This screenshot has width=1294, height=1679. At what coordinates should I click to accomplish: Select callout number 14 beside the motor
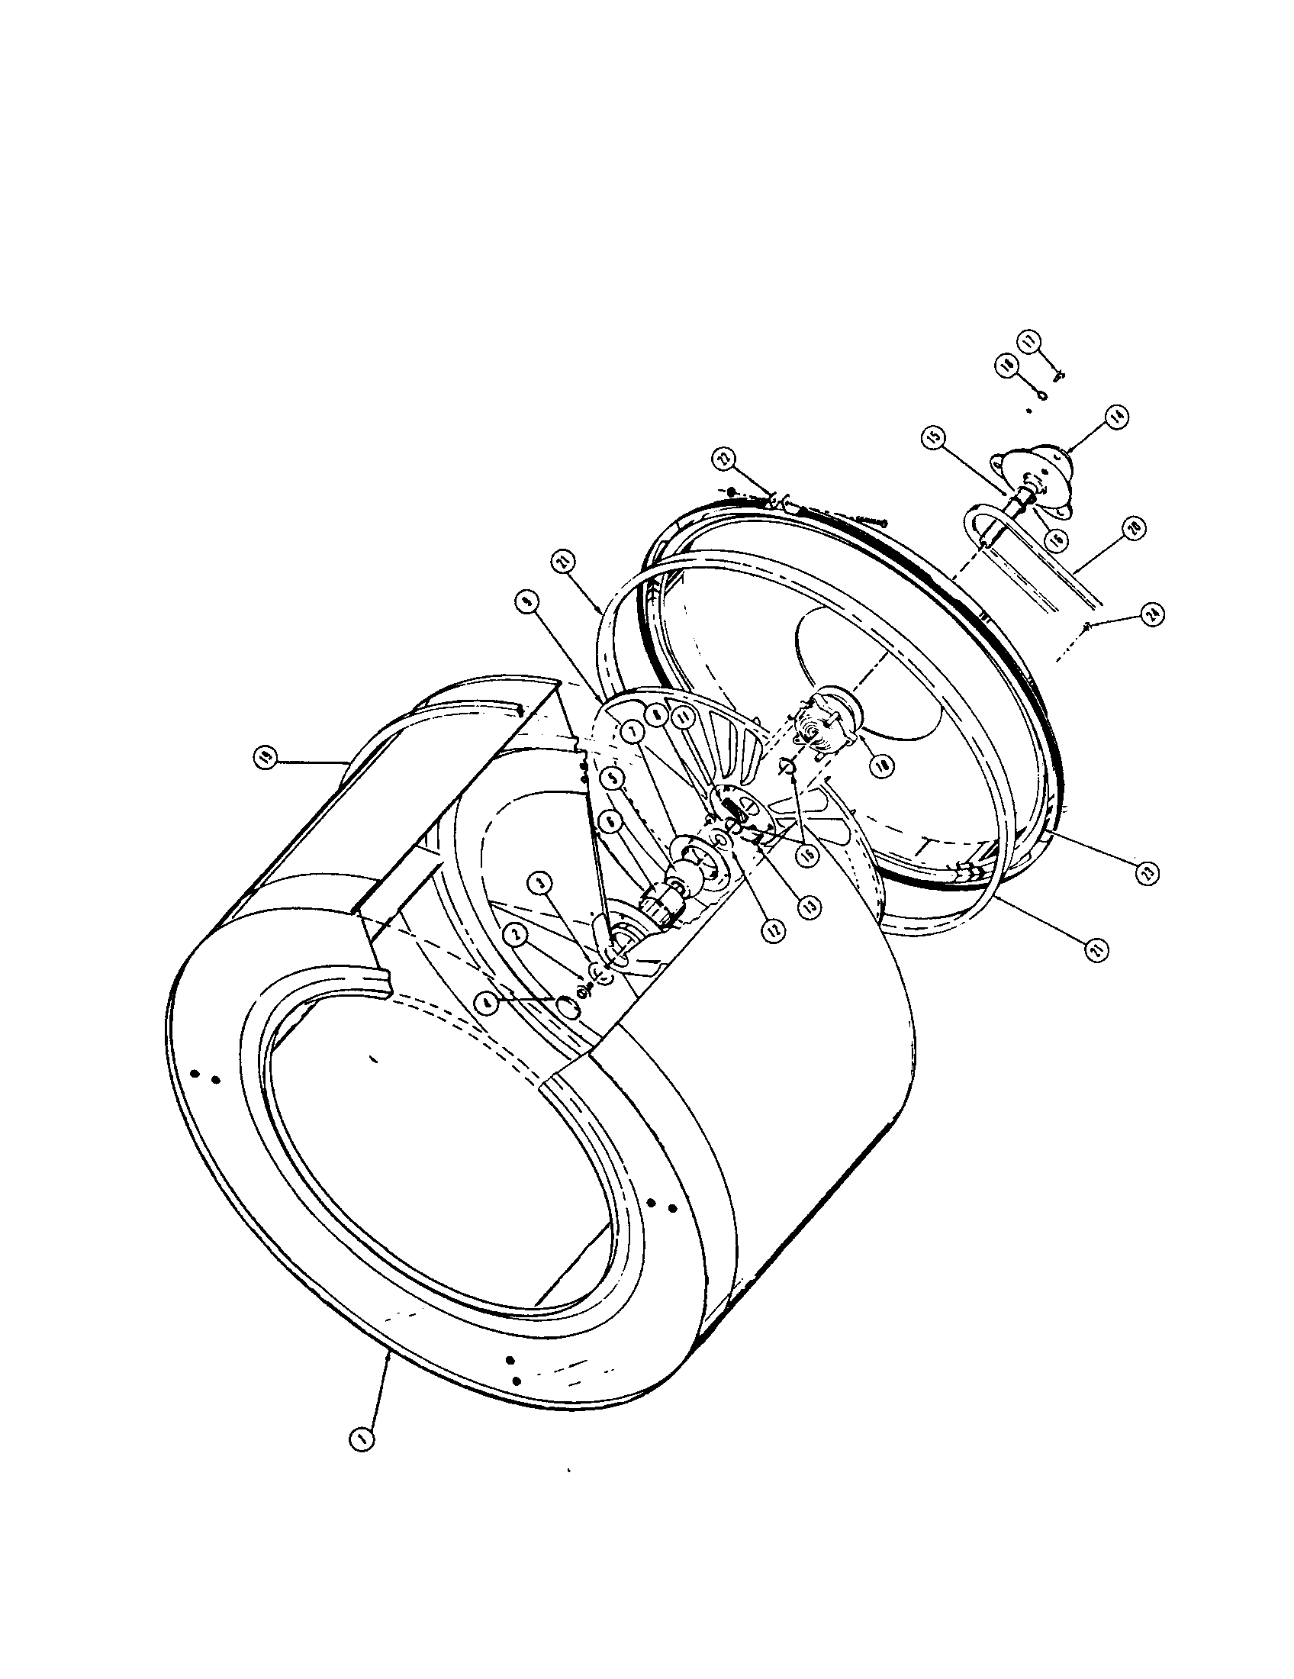pyautogui.click(x=1115, y=416)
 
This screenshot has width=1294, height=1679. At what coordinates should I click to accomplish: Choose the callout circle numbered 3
pyautogui.click(x=543, y=885)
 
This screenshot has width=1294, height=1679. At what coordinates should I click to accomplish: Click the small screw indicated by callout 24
pyautogui.click(x=1087, y=628)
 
